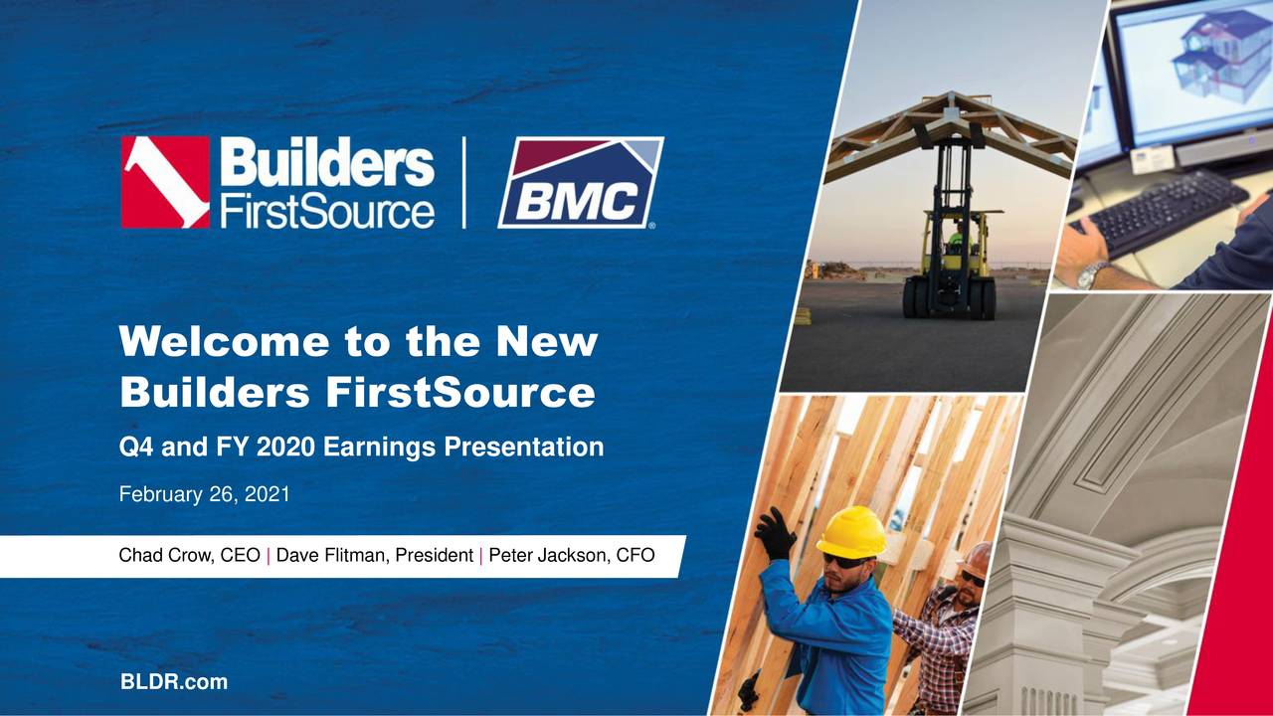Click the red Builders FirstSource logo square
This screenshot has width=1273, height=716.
click(165, 183)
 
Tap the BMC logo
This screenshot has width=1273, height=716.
click(581, 183)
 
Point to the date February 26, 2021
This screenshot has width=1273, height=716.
click(204, 493)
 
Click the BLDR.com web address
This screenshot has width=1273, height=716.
click(173, 682)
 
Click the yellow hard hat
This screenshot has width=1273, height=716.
click(851, 531)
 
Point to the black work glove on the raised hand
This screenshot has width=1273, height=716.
click(774, 533)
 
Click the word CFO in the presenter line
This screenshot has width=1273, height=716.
click(636, 556)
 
